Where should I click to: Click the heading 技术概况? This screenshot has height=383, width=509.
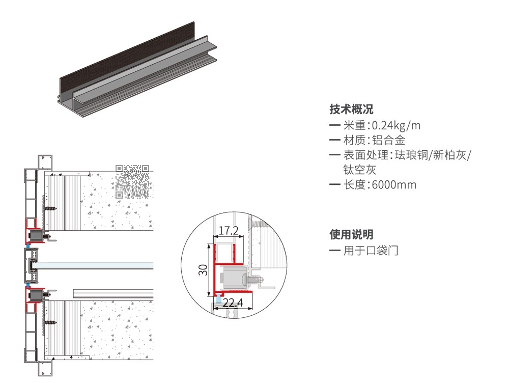(x=351, y=109)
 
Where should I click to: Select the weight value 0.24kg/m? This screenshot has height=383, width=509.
(x=396, y=125)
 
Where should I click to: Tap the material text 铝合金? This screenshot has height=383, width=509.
(x=389, y=141)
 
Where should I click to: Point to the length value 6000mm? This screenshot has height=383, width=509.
(x=394, y=185)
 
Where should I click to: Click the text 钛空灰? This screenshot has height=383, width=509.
(x=360, y=170)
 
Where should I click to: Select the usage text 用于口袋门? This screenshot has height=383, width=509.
(x=371, y=251)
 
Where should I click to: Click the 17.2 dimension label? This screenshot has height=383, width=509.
(x=229, y=230)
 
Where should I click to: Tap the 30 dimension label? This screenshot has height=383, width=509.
(x=203, y=270)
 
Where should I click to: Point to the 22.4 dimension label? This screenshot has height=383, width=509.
(x=233, y=303)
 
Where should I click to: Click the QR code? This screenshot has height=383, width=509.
(x=132, y=181)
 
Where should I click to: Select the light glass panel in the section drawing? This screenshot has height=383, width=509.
(x=94, y=265)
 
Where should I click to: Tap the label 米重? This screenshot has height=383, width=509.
(x=354, y=125)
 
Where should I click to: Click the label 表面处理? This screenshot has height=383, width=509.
(x=366, y=155)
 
